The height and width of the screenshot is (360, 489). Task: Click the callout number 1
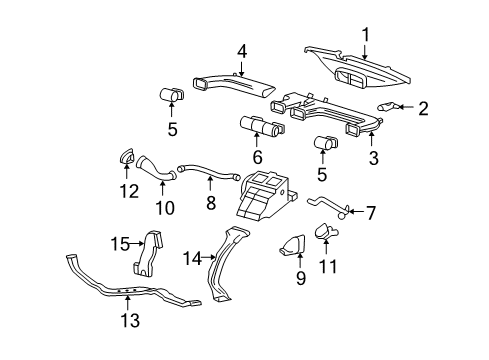click(365, 35)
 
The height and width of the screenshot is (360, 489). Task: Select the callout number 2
click(423, 108)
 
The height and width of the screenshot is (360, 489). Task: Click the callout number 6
click(258, 157)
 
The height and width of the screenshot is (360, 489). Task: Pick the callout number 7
click(370, 213)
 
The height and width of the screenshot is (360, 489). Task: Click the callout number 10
click(165, 208)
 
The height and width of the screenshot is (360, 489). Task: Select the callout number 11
click(327, 267)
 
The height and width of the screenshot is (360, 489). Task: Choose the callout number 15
click(120, 244)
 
